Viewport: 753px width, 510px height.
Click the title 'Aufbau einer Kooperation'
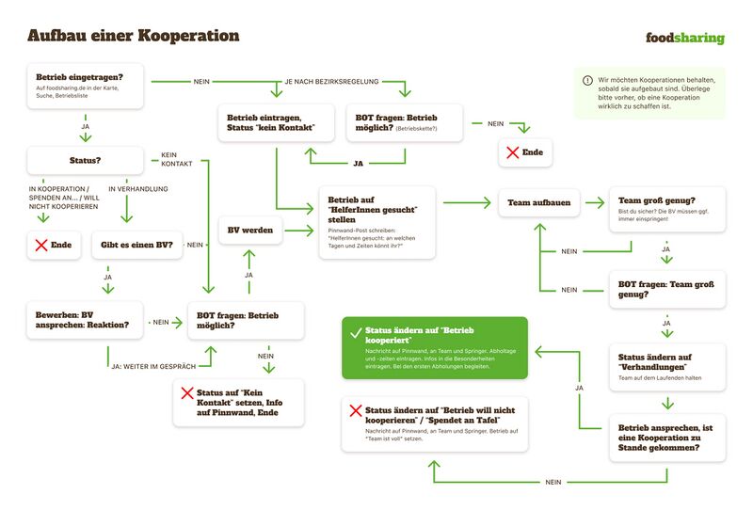click(133, 37)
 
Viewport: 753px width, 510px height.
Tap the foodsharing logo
click(684, 38)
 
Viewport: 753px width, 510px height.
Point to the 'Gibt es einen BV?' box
click(136, 245)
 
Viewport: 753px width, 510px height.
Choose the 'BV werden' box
click(249, 230)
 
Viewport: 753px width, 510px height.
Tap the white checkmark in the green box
click(356, 334)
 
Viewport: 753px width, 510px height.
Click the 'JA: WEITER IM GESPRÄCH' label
click(154, 365)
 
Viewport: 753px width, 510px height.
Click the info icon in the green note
click(588, 81)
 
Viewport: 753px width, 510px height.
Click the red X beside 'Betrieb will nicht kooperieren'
click(356, 411)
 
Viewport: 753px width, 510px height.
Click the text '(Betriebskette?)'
click(416, 127)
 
